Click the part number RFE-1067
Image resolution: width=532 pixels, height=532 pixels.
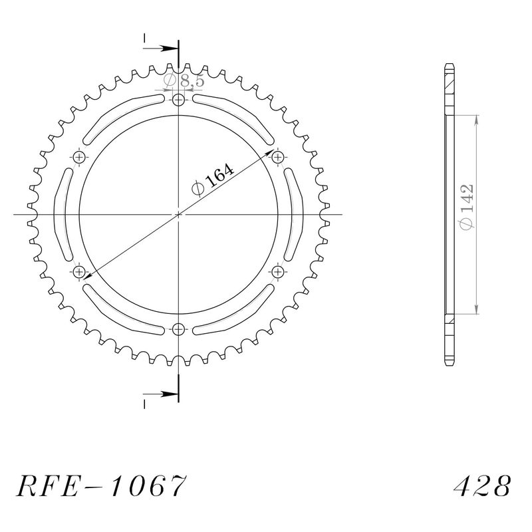pos(101,485)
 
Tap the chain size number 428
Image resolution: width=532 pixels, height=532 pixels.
pos(482,485)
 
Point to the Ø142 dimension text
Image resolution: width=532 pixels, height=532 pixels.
pos(465,207)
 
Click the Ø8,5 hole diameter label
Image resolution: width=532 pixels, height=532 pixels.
pos(184,80)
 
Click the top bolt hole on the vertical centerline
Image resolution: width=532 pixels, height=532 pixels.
pos(178,100)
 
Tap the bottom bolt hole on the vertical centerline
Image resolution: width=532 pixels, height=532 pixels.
pos(178,329)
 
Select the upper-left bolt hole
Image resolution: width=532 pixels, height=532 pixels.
pos(79,157)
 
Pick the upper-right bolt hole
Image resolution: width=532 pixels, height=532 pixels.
pos(277,157)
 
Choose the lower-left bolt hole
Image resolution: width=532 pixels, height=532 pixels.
pos(79,271)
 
